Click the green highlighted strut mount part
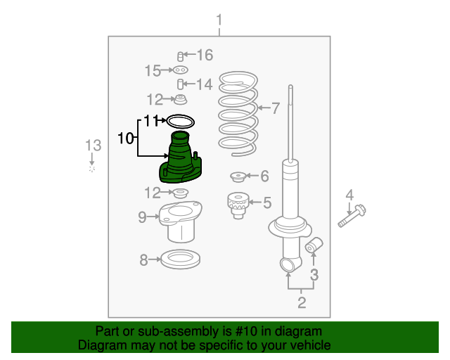[x=180, y=161]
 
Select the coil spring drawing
[x=238, y=115]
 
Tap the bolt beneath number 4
[x=352, y=216]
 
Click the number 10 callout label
[x=126, y=139]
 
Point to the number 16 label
[x=205, y=55]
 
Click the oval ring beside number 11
[x=181, y=122]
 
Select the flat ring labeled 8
[x=180, y=259]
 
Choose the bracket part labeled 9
[x=181, y=221]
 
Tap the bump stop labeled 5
[x=238, y=205]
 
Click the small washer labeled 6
[x=238, y=176]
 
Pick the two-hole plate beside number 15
[x=181, y=70]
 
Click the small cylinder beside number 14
[x=180, y=84]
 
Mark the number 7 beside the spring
[x=276, y=108]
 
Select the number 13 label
[x=94, y=146]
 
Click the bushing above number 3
[x=314, y=245]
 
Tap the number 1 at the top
[x=219, y=20]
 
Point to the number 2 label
[x=302, y=302]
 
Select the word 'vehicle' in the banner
[x=313, y=345]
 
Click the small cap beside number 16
[x=180, y=56]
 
